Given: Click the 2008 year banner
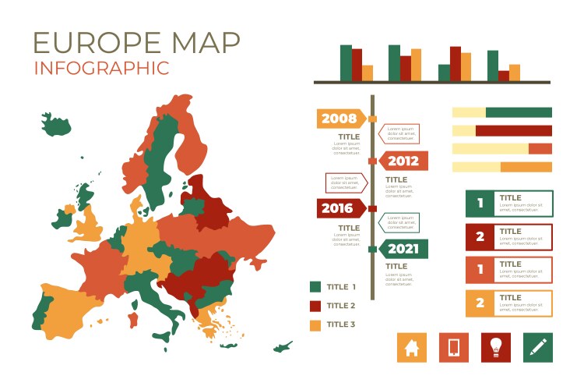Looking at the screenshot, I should click(340, 119).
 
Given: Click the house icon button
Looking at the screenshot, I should click(412, 347).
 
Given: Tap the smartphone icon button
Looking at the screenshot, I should click(454, 347).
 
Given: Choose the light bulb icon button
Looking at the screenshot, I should click(495, 347).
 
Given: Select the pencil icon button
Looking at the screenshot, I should click(537, 347).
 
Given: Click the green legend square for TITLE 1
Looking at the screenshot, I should click(315, 287).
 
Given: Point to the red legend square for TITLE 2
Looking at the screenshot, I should click(315, 306).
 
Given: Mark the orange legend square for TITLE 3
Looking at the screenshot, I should click(315, 324).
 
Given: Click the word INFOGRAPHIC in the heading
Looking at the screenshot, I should click(101, 68).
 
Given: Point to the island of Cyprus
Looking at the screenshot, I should click(283, 346).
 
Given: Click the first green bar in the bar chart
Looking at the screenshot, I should click(346, 62).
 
